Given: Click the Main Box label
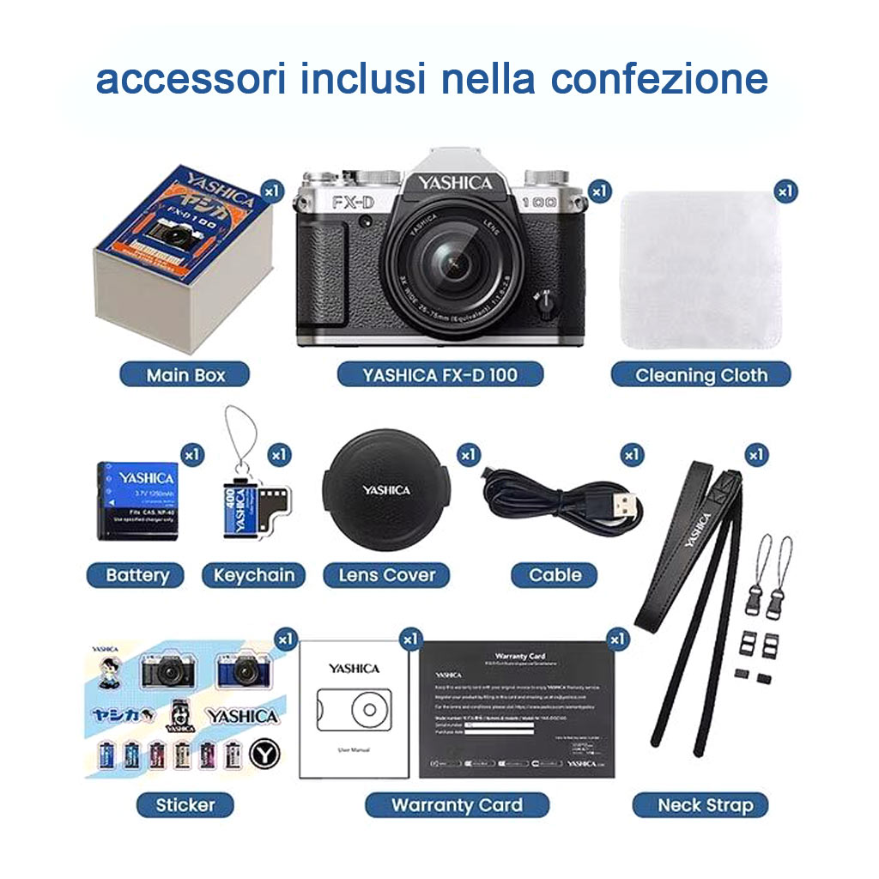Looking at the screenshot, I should [185, 374].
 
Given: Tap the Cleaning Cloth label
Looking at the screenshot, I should [700, 374].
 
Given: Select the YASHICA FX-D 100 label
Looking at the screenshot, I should [439, 374].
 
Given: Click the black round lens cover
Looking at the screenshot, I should [385, 490].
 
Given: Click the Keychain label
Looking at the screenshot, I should [253, 574].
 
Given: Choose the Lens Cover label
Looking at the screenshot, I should [386, 574].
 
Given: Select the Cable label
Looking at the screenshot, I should [555, 574].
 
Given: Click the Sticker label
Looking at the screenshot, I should [185, 804].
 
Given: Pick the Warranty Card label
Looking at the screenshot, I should [457, 804].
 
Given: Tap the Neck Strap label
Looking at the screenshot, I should [700, 804].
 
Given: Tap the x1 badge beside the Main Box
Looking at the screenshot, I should [272, 190].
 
